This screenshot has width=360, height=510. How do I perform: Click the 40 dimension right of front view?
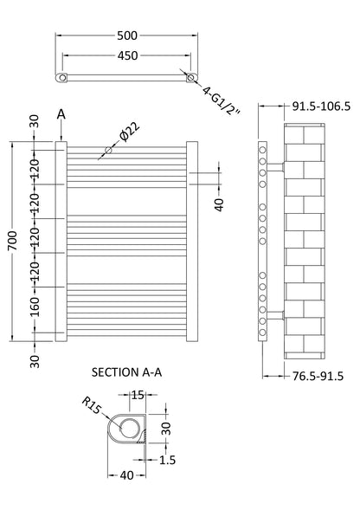coord(219,204)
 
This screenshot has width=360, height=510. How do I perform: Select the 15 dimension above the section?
coord(138,396)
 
